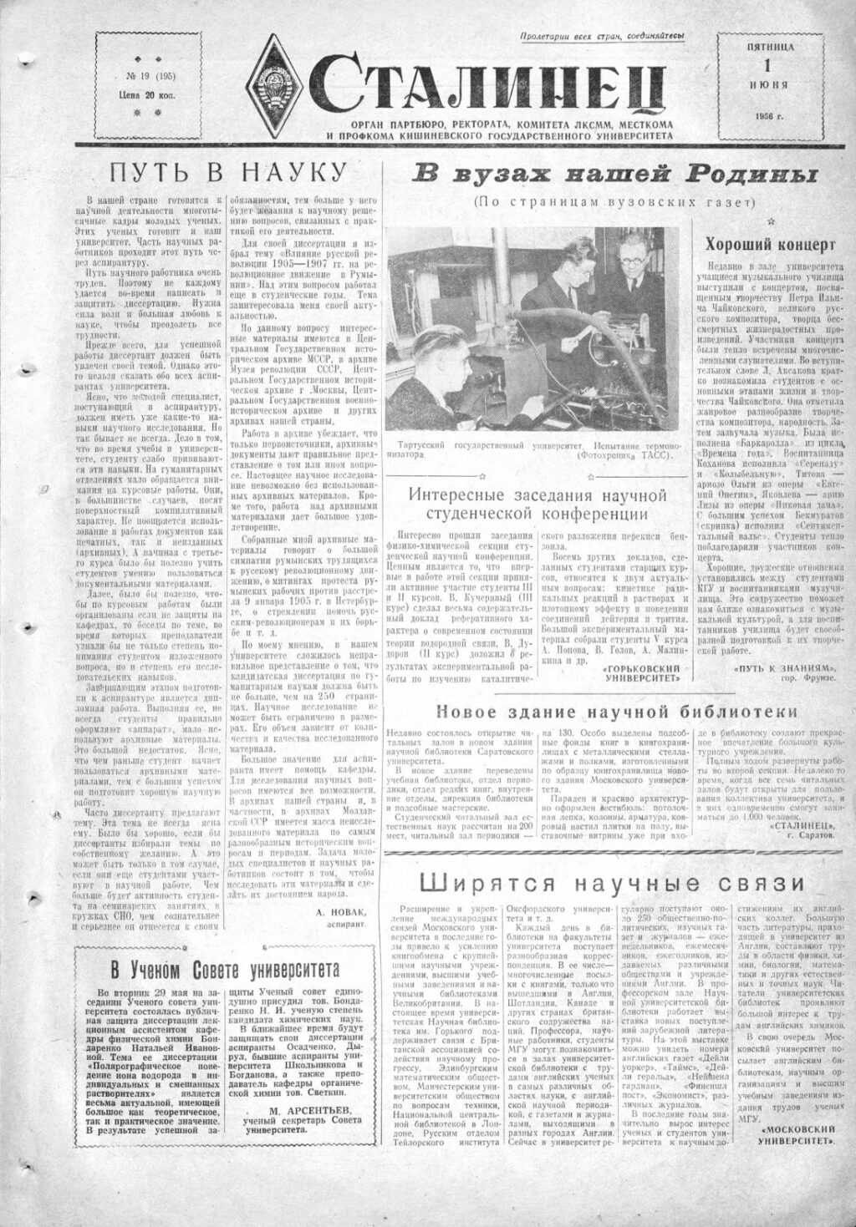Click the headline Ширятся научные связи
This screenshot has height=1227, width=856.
611,884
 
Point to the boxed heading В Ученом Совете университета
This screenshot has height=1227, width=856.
224,971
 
